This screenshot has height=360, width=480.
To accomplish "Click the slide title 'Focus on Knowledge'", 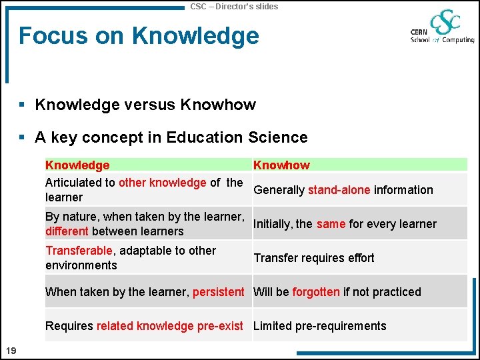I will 139,35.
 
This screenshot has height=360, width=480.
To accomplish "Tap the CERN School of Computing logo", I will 442,27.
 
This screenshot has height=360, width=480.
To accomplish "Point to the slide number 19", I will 11,351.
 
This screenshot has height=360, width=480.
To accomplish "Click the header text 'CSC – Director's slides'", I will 234,6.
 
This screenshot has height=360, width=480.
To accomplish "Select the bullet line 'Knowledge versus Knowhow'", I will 145,105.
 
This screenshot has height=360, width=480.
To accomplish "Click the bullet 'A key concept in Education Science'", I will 171,137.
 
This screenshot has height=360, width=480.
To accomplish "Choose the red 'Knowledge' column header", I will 77,165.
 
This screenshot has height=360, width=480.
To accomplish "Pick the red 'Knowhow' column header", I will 281,165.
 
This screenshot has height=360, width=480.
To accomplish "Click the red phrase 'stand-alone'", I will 339,190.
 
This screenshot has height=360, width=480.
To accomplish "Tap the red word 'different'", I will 67,231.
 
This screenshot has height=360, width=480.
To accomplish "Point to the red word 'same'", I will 331,224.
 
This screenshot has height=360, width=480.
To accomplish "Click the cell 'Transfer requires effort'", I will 314,258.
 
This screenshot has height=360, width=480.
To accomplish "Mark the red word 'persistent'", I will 218,292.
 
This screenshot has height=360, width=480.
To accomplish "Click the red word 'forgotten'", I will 316,292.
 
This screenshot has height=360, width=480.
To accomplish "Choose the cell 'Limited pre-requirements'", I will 320,326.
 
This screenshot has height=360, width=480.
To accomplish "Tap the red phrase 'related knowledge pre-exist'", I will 169,326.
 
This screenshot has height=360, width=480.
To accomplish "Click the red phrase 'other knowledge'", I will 162,183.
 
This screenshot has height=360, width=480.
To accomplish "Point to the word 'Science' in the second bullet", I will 278,137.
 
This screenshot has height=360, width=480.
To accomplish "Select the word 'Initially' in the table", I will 273,224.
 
